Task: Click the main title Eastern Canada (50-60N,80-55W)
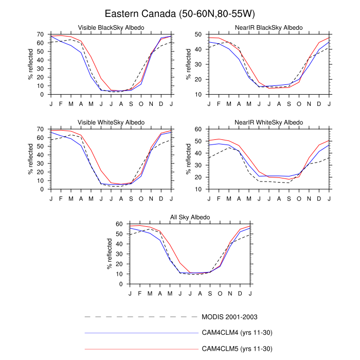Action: pos(179,13)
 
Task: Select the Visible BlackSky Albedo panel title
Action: pos(111,27)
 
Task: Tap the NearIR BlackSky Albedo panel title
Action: pos(269,27)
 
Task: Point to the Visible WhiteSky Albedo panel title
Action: pos(111,122)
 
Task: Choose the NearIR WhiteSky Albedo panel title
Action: pos(269,122)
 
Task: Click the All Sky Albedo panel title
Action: pos(190,218)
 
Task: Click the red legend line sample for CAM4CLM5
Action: pos(141,349)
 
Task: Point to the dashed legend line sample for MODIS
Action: pos(141,317)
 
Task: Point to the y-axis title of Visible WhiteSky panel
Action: pos(30,159)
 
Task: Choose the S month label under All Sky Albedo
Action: pos(210,293)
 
